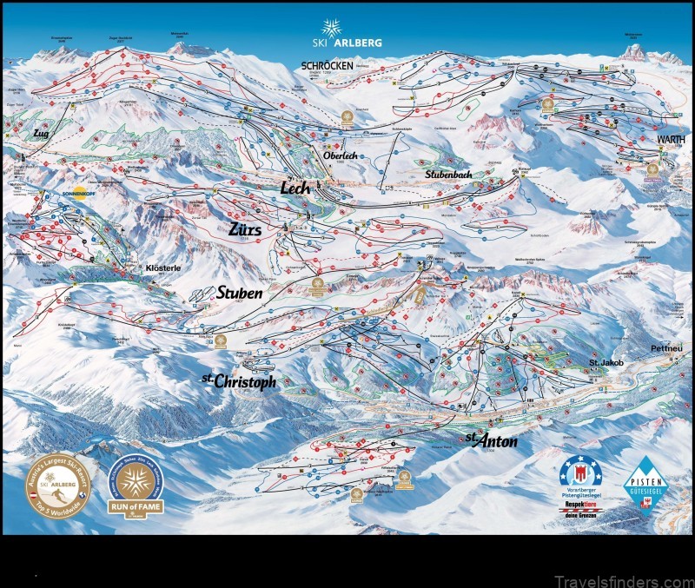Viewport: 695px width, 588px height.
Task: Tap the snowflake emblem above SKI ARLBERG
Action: click(332, 27)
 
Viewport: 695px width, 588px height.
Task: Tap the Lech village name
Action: click(295, 188)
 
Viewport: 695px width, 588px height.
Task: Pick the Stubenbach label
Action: click(447, 175)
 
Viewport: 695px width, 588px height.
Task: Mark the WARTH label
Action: click(671, 139)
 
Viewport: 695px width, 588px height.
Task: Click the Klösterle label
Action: click(162, 269)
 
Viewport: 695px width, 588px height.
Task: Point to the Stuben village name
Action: click(239, 294)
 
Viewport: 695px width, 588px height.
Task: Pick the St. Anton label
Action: click(491, 440)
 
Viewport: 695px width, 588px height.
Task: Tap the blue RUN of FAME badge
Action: click(136, 486)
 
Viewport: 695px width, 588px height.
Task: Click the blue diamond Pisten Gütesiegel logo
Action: click(646, 483)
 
